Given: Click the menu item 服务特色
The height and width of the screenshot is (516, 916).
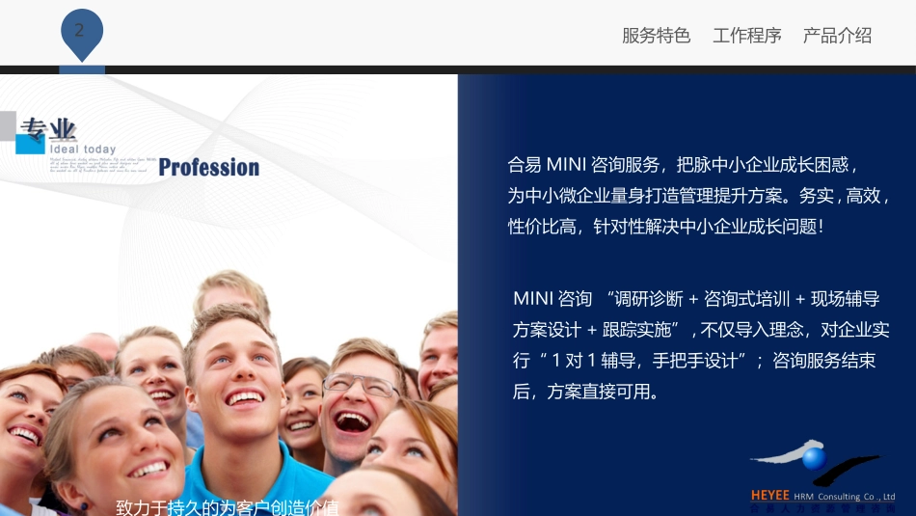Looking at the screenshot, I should click(x=656, y=36).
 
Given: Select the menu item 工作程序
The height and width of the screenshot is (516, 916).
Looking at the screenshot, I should click(x=746, y=36).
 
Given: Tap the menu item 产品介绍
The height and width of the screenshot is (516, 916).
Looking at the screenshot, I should click(x=837, y=36).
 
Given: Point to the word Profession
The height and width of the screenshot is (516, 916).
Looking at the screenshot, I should click(x=208, y=168).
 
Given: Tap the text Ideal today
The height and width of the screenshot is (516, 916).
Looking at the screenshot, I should click(x=83, y=149).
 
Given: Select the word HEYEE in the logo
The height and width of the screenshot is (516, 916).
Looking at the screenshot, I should click(x=769, y=496).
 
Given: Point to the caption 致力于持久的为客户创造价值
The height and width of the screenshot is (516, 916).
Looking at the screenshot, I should click(x=227, y=507).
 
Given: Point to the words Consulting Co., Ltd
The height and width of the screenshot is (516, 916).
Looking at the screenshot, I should click(x=856, y=497).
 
